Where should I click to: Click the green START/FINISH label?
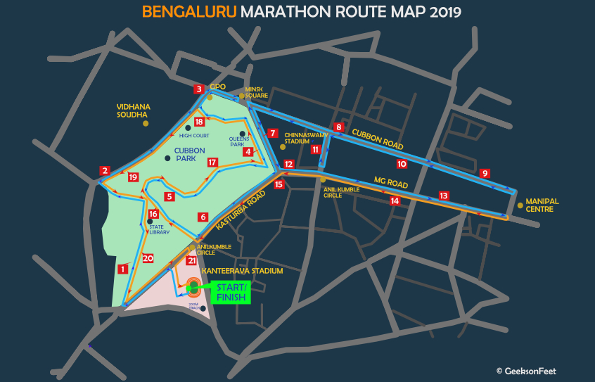(231, 292)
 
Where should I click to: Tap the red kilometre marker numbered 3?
(199, 89)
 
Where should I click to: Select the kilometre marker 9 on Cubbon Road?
(484, 173)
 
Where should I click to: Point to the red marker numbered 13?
(443, 196)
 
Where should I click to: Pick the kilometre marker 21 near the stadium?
(191, 260)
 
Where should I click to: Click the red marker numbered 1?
(122, 269)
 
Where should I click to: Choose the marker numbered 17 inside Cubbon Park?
(212, 162)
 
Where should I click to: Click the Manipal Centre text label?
(542, 205)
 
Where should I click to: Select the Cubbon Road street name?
(378, 138)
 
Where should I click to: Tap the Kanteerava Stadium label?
(242, 271)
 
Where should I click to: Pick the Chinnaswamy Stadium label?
(307, 138)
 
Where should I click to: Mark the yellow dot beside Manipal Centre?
(520, 205)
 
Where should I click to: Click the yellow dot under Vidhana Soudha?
(146, 124)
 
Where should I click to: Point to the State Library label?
(159, 229)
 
